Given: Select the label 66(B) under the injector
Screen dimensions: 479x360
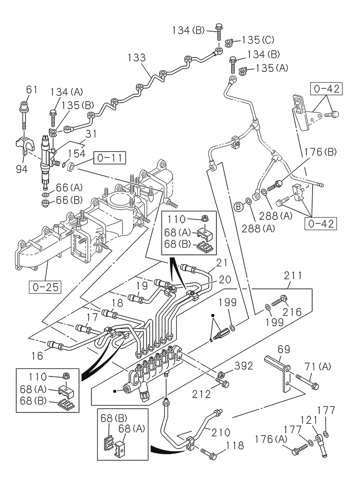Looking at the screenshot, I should coord(70,198).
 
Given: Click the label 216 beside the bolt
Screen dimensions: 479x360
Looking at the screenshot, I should coord(292,312).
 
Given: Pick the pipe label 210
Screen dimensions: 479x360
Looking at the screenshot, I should coord(222,432).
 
